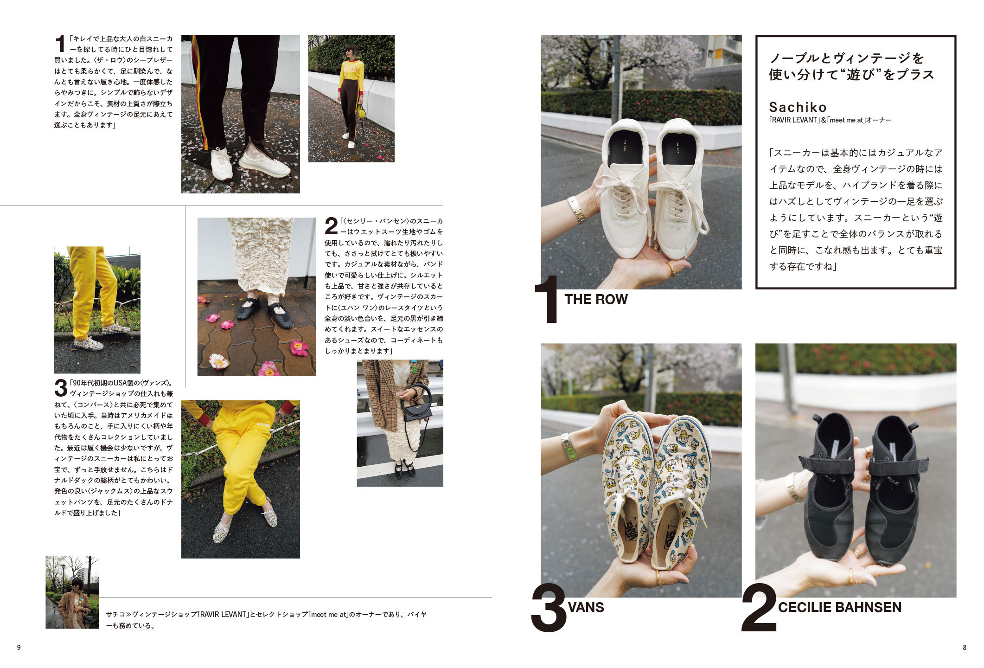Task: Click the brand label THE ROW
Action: [596, 299]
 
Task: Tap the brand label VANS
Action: [586, 607]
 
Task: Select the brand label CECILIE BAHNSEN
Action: [839, 607]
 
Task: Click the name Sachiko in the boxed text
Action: [798, 107]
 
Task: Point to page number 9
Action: [19, 648]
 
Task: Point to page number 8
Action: [965, 648]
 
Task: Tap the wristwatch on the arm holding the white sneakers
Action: [576, 210]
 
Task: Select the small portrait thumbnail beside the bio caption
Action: [72, 592]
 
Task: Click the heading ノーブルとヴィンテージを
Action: [846, 58]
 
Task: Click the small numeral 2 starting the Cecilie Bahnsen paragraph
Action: [331, 226]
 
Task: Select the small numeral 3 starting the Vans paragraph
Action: [61, 388]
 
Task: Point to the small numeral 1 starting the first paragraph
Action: [60, 44]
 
